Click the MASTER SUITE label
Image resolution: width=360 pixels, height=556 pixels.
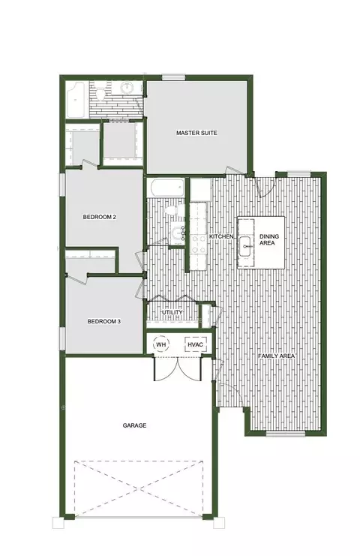[196, 133]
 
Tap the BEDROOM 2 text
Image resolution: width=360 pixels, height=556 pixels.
[100, 217]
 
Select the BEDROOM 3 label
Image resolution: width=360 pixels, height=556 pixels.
[104, 321]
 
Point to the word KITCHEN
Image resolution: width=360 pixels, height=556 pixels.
[221, 236]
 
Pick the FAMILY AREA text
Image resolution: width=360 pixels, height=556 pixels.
[277, 356]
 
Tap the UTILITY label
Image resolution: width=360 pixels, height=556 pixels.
[172, 312]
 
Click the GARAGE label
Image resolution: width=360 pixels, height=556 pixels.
[134, 425]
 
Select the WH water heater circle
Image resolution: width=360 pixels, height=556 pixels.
[161, 344]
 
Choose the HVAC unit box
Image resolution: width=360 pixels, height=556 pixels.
[195, 344]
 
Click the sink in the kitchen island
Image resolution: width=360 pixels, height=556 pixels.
[246, 245]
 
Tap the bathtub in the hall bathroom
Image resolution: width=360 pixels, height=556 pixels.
[166, 188]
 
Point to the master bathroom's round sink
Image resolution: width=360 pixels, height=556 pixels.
[126, 88]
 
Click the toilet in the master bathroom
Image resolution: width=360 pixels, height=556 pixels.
[100, 95]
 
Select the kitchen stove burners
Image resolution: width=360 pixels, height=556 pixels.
[198, 245]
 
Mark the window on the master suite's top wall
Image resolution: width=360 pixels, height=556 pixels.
[173, 77]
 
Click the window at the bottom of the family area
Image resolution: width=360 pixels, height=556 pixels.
[286, 433]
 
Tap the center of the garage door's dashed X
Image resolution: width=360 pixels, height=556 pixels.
[139, 488]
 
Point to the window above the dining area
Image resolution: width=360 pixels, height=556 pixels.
[299, 174]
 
